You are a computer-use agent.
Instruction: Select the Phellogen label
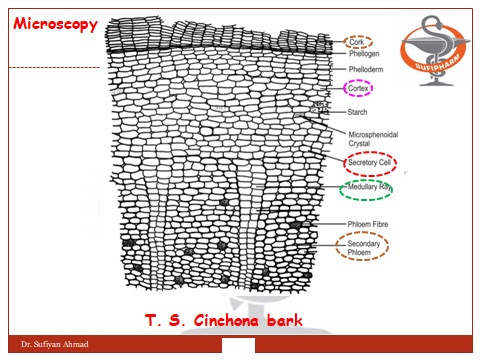point(363,57)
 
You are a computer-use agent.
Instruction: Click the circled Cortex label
point(358,88)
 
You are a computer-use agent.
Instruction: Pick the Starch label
point(358,112)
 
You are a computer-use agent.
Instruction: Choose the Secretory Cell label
point(370,162)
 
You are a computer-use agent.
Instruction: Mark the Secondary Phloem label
point(368,249)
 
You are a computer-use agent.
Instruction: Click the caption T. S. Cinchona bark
point(222,321)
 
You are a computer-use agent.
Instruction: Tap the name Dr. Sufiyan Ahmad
point(49,345)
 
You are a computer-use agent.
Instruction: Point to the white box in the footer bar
point(240,345)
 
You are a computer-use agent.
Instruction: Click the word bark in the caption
point(280,321)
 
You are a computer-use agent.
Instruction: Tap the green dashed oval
point(373,188)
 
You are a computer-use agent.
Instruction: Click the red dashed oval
point(370,162)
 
